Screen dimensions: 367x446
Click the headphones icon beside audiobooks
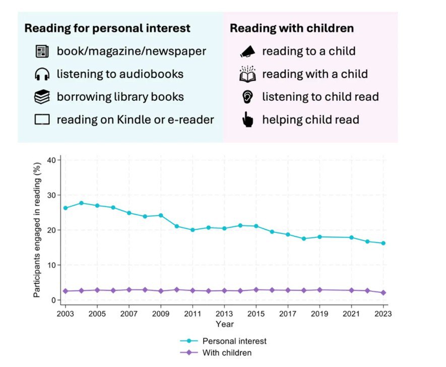tap(42, 75)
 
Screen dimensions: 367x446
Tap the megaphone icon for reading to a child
tap(247, 51)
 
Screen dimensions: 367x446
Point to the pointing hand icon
tap(247, 120)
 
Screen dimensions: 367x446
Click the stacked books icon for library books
tap(42, 97)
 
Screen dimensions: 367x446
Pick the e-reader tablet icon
tap(42, 120)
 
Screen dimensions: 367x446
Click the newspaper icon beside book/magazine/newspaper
tap(42, 51)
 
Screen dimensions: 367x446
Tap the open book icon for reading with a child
tap(247, 74)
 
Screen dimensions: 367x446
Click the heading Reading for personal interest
tap(107, 28)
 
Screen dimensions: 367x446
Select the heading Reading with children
tap(292, 28)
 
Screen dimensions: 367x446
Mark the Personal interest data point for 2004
tap(81, 203)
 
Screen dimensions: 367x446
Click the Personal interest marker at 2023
tap(384, 243)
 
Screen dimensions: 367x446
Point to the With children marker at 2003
tap(65, 291)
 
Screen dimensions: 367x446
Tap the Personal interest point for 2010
tap(176, 226)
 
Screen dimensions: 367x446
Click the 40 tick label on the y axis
tap(51, 160)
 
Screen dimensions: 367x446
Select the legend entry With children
tap(226, 353)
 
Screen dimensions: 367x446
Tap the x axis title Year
tap(224, 324)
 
